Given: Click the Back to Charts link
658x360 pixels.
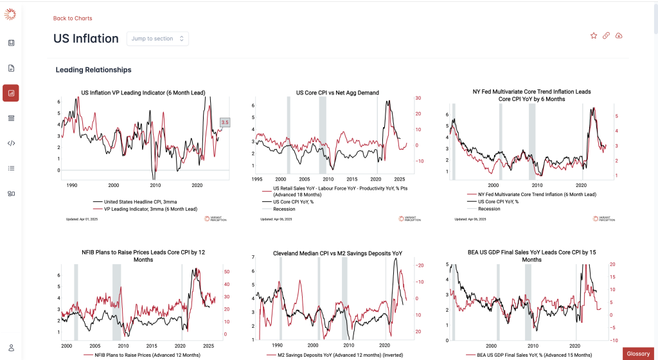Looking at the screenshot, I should point(73,18).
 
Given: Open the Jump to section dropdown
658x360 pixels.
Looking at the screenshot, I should point(157,39).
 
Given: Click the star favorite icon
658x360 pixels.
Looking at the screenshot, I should point(594,36).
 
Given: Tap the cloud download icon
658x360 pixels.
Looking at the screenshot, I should point(619,36).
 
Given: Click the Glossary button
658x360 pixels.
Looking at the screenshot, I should point(638,354).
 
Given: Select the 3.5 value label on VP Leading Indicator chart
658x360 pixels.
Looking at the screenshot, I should point(225,122).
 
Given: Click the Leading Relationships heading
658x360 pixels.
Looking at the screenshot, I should point(94,69).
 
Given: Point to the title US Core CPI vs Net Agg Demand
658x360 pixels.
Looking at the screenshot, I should point(337,93).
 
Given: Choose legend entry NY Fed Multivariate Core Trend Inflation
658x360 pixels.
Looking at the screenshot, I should point(537,194).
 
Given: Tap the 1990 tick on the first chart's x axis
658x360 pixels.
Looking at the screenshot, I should point(72,184).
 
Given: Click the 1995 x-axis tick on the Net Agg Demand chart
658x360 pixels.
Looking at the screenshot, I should point(256,179).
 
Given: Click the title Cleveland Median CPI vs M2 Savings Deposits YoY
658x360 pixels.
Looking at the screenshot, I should point(337,253).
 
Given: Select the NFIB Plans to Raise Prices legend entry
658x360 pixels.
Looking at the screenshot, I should point(142,355).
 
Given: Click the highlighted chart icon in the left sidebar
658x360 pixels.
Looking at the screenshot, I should point(11,93).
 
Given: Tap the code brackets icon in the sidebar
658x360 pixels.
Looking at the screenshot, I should point(11,143).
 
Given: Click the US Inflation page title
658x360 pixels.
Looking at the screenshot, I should point(86,39).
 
